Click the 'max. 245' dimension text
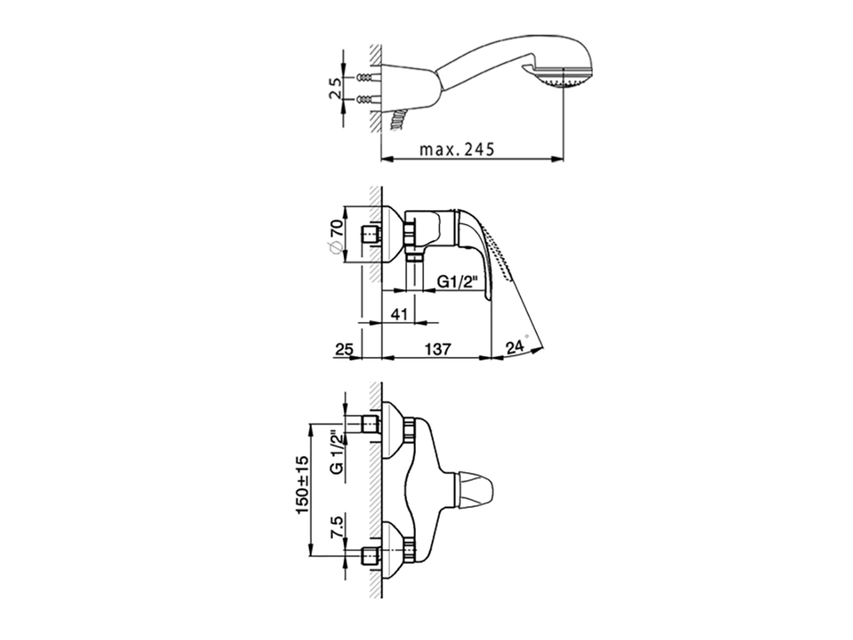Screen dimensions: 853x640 (457, 149)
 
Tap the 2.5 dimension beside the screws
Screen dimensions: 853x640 (335, 88)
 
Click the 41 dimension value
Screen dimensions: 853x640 (399, 313)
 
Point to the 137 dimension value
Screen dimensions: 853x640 (438, 349)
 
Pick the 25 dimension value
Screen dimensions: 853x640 (345, 349)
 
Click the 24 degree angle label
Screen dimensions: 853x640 (515, 346)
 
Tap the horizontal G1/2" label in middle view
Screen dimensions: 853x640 (456, 281)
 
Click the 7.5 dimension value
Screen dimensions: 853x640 (337, 527)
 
